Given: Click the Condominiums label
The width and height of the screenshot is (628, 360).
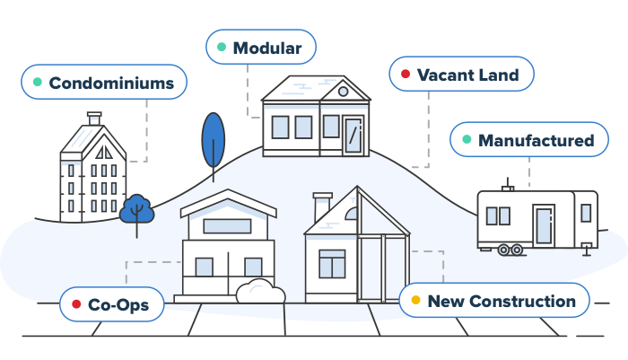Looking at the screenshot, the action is pos(104,82).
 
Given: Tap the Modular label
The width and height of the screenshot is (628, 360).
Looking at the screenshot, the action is pos(261,47).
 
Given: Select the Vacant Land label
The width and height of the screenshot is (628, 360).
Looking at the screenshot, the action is pos(461,74).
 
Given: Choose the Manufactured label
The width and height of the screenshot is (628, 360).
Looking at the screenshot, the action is pos(529,139).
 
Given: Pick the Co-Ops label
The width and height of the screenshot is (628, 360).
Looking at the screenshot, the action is pos(112,304).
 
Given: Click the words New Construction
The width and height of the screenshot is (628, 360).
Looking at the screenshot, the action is pos(502,301).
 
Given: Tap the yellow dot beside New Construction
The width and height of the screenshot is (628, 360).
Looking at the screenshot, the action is pos(415,300).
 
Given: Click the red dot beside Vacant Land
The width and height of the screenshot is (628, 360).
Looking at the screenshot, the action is pos(406,74).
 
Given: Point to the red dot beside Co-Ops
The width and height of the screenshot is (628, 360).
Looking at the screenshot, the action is pos(76,303).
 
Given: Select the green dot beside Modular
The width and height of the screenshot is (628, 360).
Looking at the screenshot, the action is pos(222,47).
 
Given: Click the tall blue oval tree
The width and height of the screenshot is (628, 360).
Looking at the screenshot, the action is pos(214,140).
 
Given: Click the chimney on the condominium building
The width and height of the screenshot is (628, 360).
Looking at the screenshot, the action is pos(94,119).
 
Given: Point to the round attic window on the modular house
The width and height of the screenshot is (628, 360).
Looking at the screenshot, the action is pos(343,92).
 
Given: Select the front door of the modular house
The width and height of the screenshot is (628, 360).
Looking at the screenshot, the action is pos(353,135).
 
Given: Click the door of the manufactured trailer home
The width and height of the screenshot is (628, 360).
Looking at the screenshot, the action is pos(544,225).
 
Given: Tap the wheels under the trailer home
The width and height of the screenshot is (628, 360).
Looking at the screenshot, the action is pos(510,250).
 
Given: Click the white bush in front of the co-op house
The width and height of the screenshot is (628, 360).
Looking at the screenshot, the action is pos(261,291).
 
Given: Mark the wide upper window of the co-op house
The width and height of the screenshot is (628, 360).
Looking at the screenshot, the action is pos(227,226).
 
